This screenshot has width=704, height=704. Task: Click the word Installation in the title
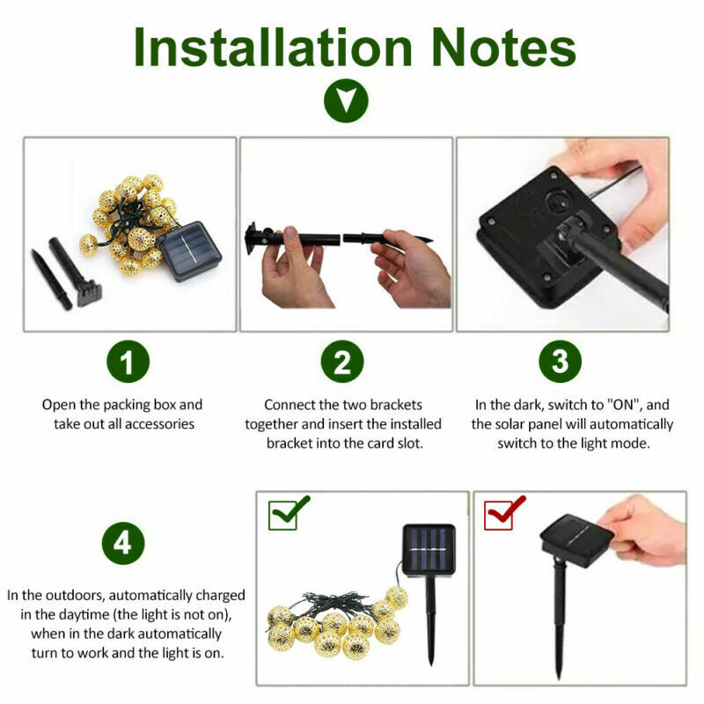click(x=273, y=48)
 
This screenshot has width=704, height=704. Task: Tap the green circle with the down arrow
click(x=346, y=100)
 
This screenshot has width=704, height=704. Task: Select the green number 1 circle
click(x=128, y=362)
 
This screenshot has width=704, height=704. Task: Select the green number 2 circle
click(x=342, y=362)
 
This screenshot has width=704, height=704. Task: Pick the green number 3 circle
click(x=560, y=362)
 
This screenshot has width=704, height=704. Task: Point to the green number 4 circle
click(x=123, y=543)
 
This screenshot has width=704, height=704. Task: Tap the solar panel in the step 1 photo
click(x=191, y=251)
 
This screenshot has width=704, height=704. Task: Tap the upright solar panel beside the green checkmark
click(x=429, y=550)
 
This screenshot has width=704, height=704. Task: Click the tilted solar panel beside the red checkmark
click(x=577, y=540)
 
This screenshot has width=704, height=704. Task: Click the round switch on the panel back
click(x=557, y=202)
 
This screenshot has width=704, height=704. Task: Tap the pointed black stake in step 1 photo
click(x=51, y=279)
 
